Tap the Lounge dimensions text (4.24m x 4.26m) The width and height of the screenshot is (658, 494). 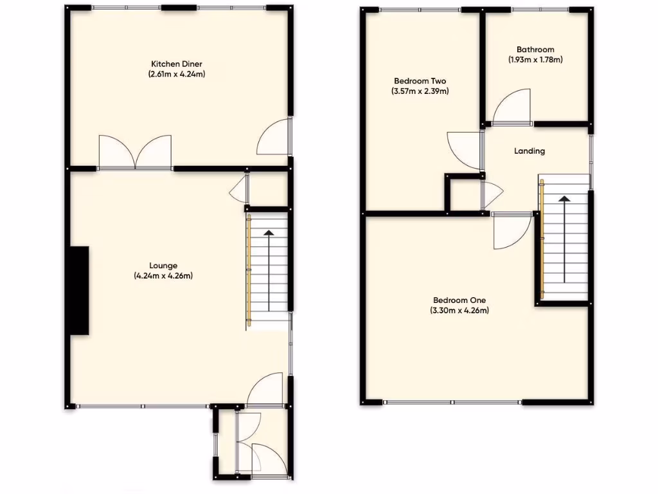[163, 276]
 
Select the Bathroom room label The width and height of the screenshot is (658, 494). [535, 50]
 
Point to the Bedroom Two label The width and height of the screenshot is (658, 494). [420, 81]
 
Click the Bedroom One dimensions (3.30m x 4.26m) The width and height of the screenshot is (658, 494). [459, 311]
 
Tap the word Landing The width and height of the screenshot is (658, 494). [529, 151]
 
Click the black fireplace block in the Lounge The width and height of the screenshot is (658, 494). [79, 291]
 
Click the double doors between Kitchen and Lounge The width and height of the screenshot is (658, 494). [136, 152]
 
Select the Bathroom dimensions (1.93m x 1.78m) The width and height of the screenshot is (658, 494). [535, 60]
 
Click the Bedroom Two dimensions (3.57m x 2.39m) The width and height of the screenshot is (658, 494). [420, 91]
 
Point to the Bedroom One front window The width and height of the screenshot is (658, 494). [453, 403]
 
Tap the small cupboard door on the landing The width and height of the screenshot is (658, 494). [492, 194]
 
